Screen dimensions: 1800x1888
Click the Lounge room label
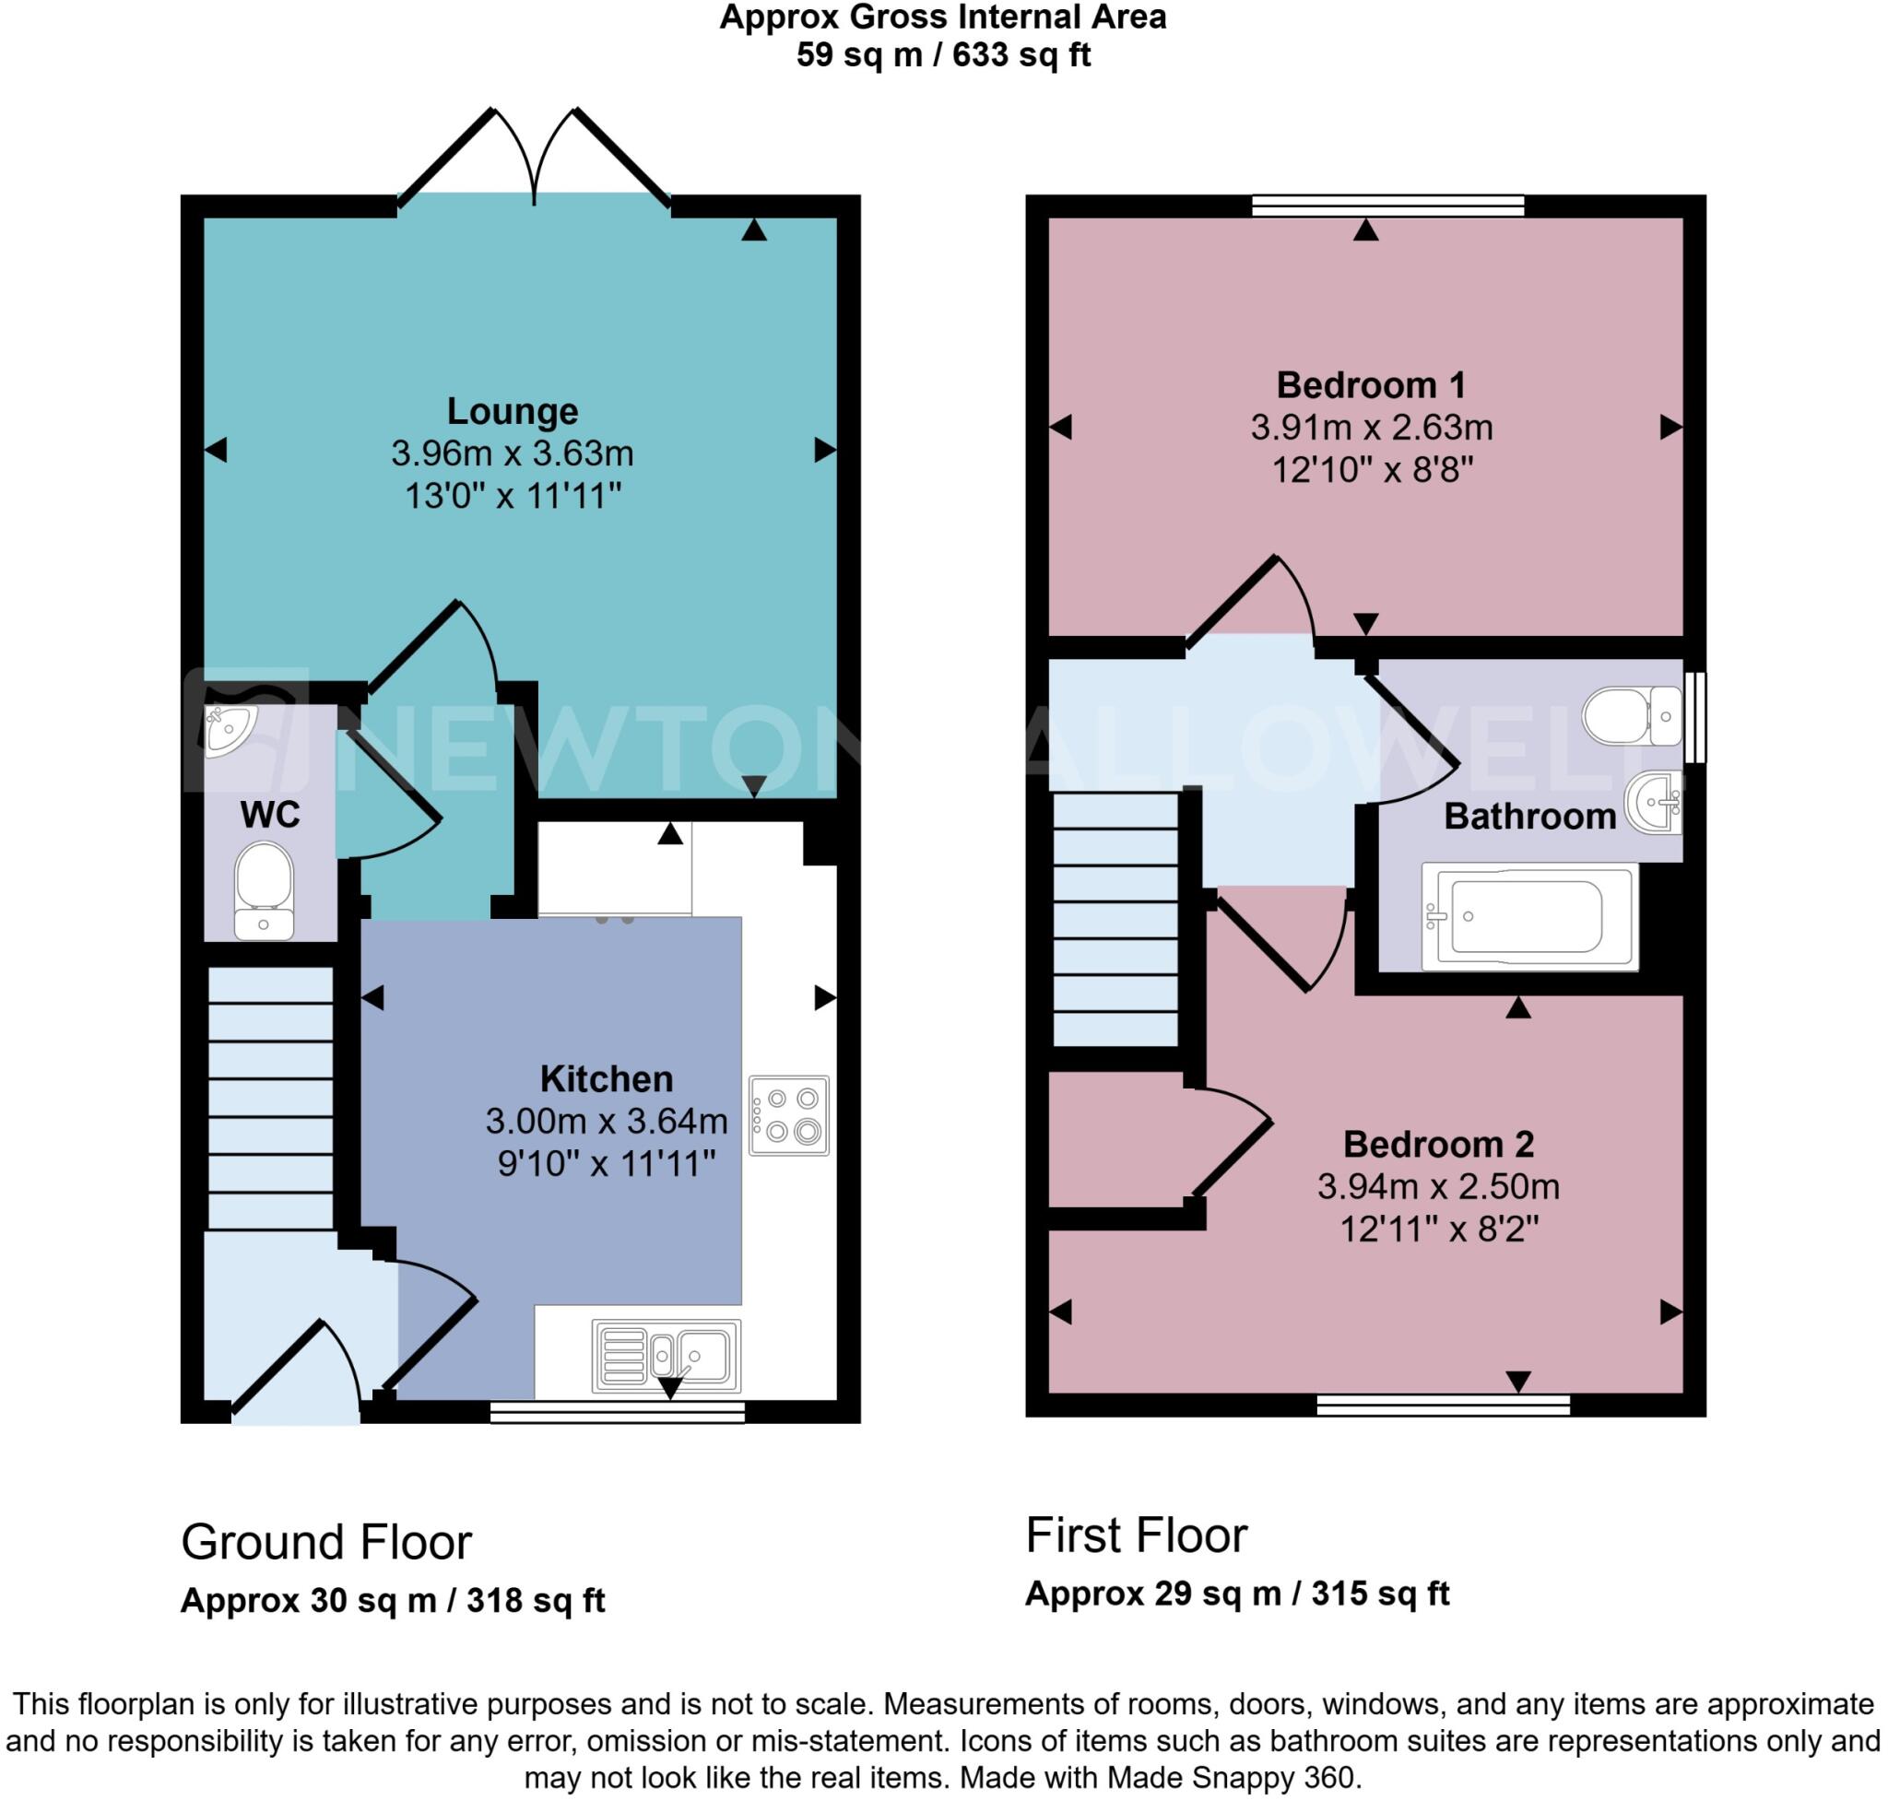click(512, 411)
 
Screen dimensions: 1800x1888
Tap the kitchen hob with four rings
click(788, 1115)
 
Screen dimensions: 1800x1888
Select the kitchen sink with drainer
click(667, 1356)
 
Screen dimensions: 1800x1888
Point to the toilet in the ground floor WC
click(263, 889)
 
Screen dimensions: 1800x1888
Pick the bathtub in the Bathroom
click(1528, 917)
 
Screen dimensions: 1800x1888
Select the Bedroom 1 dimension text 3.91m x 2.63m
click(1371, 427)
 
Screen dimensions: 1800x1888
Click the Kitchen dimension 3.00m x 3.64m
click(606, 1121)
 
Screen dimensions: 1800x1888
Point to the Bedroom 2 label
click(1438, 1144)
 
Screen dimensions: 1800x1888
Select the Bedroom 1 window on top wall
click(1388, 206)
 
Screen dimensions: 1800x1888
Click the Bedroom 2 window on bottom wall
click(1443, 1406)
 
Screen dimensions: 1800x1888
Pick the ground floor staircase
click(270, 1098)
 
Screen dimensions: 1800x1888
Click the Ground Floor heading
click(325, 1543)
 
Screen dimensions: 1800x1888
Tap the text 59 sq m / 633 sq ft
click(942, 54)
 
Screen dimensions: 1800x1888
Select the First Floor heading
click(1136, 1535)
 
